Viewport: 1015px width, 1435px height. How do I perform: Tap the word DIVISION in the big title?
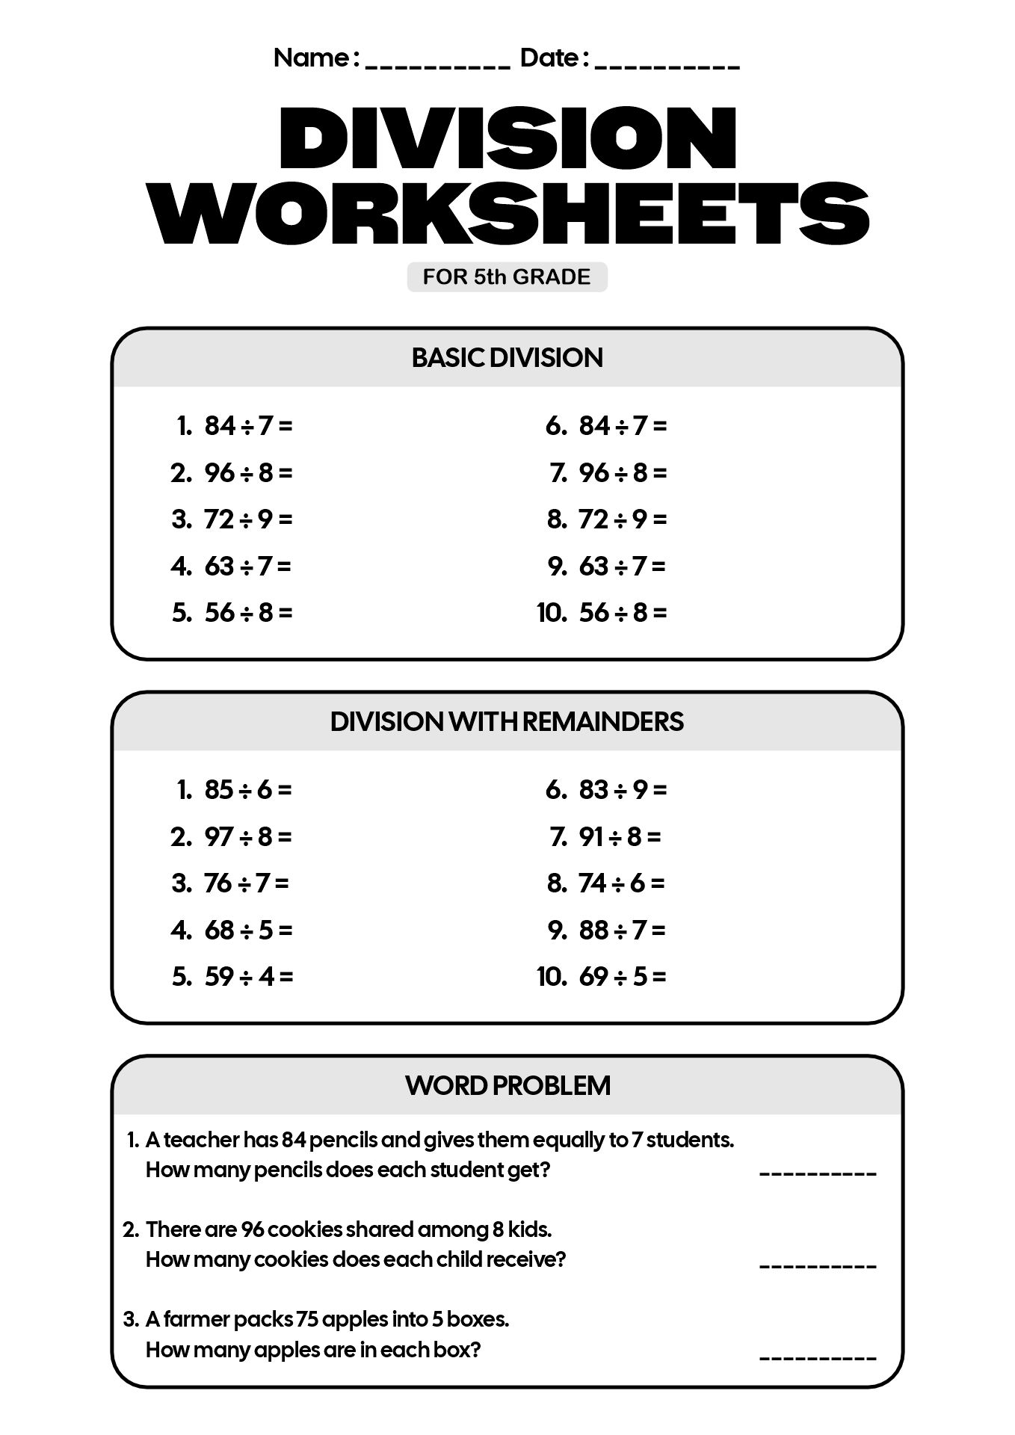click(x=507, y=138)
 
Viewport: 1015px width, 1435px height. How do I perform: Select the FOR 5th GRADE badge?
click(x=507, y=277)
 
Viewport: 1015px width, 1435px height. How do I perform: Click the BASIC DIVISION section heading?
click(x=507, y=358)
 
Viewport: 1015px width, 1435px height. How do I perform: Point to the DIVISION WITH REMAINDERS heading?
click(x=507, y=722)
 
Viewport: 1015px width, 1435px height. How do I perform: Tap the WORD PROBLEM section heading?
click(x=507, y=1085)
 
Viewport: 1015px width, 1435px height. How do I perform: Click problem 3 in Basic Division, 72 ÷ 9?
click(x=247, y=519)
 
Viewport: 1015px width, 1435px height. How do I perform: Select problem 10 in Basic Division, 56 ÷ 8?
click(x=622, y=613)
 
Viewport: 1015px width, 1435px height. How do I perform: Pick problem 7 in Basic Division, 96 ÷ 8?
click(x=622, y=473)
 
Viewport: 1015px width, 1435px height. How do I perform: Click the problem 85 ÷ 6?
click(x=247, y=790)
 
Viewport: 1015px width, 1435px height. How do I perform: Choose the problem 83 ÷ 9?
click(x=622, y=790)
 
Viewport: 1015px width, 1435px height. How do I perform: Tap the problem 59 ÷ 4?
click(x=247, y=977)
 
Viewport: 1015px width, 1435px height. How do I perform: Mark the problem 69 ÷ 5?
click(x=622, y=977)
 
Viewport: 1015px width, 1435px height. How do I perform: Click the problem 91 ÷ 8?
click(x=620, y=837)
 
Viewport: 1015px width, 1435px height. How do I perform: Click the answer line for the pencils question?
click(x=817, y=1174)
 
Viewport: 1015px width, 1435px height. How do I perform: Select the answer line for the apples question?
click(x=817, y=1354)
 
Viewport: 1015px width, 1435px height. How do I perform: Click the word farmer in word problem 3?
click(x=197, y=1319)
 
